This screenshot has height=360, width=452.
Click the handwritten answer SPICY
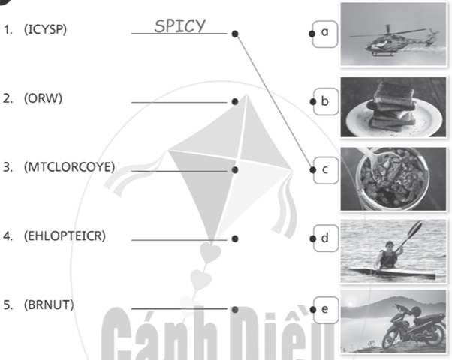coord(180,25)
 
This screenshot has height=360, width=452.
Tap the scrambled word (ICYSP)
coord(45,29)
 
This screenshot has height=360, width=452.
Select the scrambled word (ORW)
coord(43,98)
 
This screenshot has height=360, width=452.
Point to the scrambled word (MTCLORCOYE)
coord(70,167)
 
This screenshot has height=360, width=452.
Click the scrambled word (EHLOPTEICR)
coord(65,235)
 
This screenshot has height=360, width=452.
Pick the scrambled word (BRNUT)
coord(49,304)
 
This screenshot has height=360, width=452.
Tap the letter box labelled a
coord(325,34)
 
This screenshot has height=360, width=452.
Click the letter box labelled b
coord(325,101)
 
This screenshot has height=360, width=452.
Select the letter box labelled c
coord(325,170)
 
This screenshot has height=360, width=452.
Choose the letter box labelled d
coord(325,238)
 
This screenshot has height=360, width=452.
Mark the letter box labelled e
coord(325,310)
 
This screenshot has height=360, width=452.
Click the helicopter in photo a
coord(393,40)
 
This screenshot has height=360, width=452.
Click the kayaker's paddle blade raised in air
coord(414,229)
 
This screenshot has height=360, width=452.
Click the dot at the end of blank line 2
coord(235,101)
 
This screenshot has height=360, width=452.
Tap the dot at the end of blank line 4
coord(235,238)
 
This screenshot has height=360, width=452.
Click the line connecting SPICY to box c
coord(274,102)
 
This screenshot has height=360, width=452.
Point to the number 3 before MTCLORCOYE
coord(8,167)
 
